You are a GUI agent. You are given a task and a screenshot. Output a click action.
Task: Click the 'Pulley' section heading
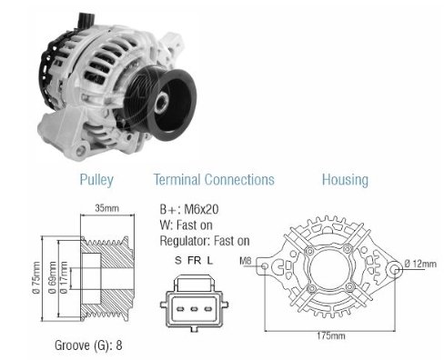point(96,180)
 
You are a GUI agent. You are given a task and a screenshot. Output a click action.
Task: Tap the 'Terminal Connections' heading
point(214,179)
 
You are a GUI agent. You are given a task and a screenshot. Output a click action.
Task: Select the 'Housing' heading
point(345,180)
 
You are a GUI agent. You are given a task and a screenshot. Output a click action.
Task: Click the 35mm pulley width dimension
point(106,208)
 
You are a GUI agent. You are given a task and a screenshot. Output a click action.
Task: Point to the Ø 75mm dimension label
point(36,278)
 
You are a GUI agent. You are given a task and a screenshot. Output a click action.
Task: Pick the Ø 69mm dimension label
point(53,278)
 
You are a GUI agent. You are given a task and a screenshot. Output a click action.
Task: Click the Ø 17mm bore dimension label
point(64,278)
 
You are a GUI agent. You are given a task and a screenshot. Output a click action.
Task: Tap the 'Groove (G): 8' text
point(88,345)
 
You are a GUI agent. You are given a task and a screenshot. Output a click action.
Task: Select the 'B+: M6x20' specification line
point(189,209)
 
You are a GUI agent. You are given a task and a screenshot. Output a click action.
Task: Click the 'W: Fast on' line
point(186,225)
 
